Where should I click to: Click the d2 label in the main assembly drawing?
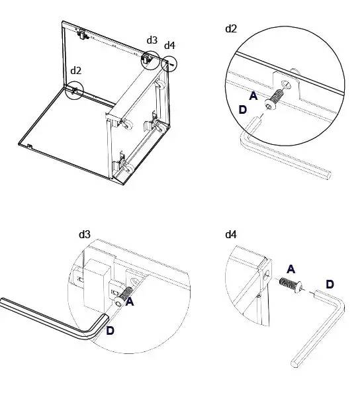click(75, 70)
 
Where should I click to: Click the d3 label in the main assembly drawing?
click(152, 40)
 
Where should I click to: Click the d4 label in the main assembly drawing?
click(169, 45)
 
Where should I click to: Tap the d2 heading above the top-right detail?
click(231, 28)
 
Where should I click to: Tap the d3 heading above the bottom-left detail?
click(84, 234)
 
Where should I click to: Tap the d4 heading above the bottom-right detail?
click(231, 234)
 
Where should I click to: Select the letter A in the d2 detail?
click(253, 96)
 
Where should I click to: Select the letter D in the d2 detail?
click(242, 110)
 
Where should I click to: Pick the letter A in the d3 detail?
click(130, 302)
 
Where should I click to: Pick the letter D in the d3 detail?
click(110, 331)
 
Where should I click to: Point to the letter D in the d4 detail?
click(330, 284)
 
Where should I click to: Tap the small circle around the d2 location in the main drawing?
click(75, 89)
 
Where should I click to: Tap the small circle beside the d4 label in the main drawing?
click(169, 64)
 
